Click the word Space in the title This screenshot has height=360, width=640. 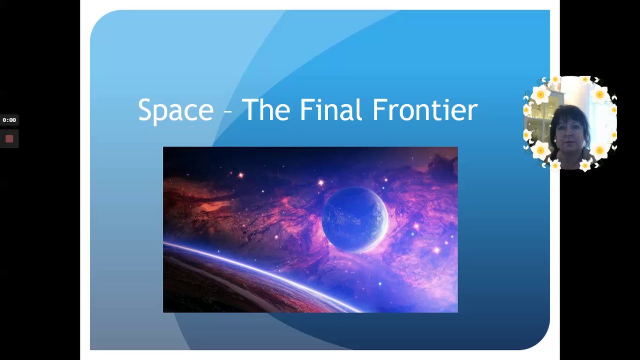click(176, 110)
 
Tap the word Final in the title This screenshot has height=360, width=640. click(331, 109)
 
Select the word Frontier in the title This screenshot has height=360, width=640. click(426, 109)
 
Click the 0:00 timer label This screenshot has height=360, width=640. click(9, 120)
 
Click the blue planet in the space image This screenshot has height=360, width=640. click(355, 219)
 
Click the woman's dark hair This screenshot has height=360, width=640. click(570, 117)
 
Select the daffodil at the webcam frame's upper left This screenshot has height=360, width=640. click(541, 94)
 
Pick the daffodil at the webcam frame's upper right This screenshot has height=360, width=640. click(600, 94)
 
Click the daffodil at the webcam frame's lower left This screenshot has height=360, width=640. click(541, 150)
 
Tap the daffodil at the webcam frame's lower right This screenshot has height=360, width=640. click(600, 150)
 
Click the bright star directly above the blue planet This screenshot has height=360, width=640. click(321, 182)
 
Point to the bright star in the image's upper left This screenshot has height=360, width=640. click(241, 175)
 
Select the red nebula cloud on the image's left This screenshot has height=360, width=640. click(197, 200)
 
